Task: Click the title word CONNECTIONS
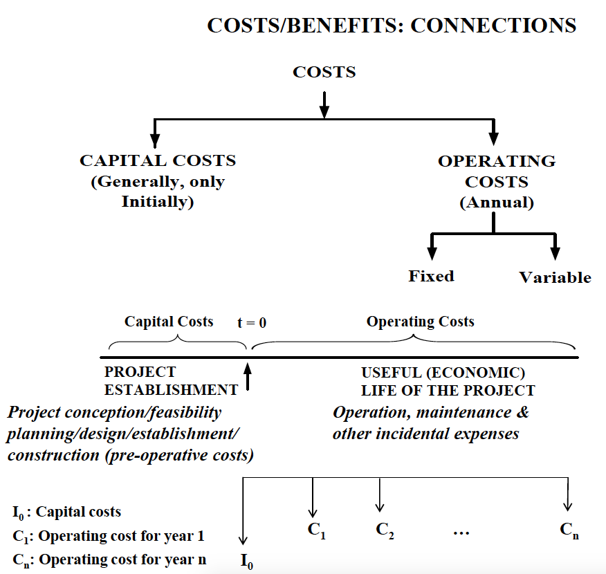click(493, 25)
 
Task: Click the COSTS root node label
click(324, 72)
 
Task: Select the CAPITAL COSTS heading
click(158, 161)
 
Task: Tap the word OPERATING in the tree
click(496, 161)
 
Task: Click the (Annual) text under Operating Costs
click(496, 203)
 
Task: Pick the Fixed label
click(431, 276)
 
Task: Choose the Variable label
click(555, 277)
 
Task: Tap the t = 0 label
click(251, 322)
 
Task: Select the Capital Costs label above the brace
click(169, 322)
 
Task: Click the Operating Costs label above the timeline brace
click(420, 322)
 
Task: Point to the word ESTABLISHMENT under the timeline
click(171, 390)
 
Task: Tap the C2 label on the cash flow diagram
click(385, 530)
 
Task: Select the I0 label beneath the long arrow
click(246, 561)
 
